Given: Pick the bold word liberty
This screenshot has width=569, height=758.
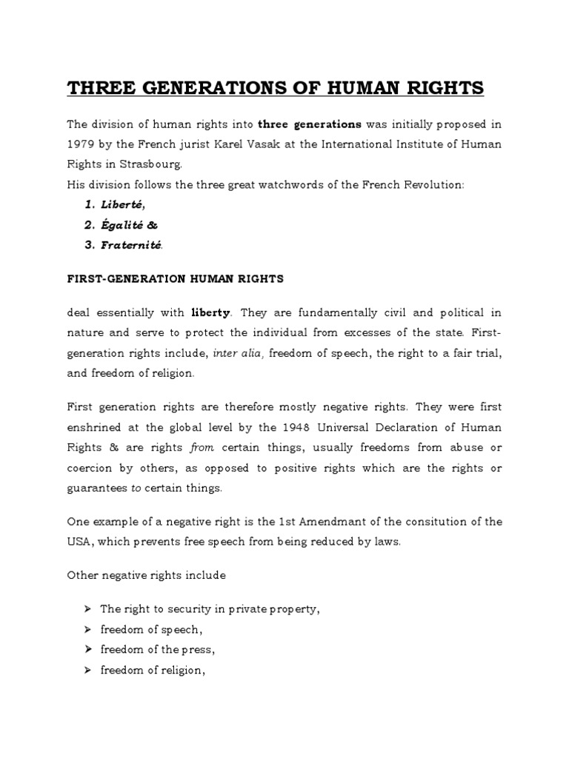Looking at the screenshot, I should (x=210, y=313).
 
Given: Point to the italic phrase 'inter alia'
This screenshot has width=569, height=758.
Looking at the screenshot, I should (x=238, y=353).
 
